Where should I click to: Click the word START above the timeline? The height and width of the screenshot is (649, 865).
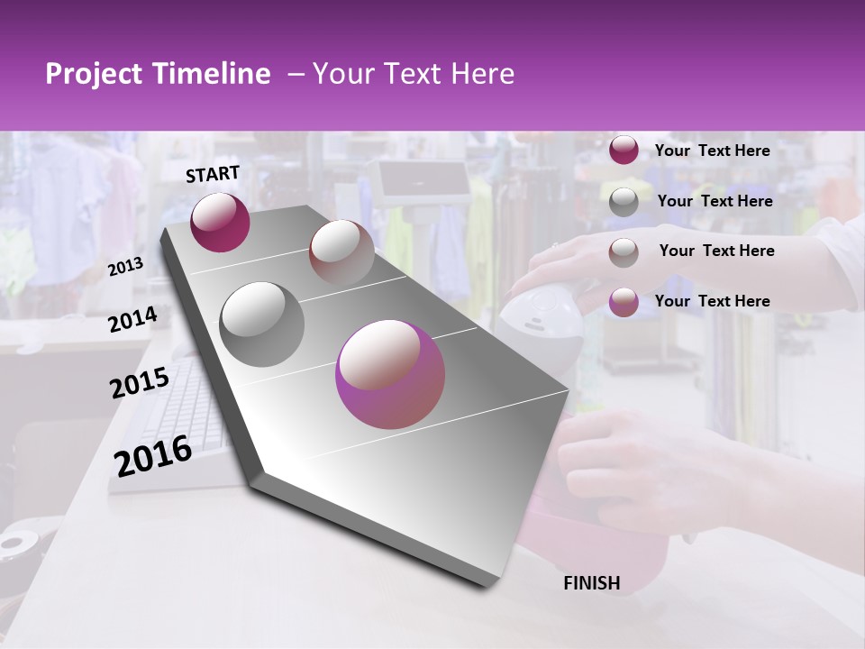click(x=213, y=174)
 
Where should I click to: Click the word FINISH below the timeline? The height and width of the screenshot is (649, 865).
click(x=591, y=583)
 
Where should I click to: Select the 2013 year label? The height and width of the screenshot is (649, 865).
click(x=125, y=267)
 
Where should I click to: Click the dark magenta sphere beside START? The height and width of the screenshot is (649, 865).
click(x=220, y=222)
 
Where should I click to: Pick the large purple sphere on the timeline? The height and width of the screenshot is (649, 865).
click(x=390, y=374)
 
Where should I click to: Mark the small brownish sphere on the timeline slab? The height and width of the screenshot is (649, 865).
click(x=341, y=251)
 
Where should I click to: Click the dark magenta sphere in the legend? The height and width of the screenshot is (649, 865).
click(x=624, y=151)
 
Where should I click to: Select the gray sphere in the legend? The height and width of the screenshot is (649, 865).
click(x=624, y=202)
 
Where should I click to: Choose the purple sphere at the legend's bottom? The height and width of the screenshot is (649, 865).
click(x=624, y=302)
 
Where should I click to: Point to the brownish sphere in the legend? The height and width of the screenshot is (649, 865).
click(x=624, y=252)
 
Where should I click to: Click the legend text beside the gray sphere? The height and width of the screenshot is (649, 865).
click(x=715, y=201)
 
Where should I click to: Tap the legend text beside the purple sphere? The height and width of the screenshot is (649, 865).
click(x=712, y=301)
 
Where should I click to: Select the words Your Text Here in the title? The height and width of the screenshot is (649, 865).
click(x=414, y=74)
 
